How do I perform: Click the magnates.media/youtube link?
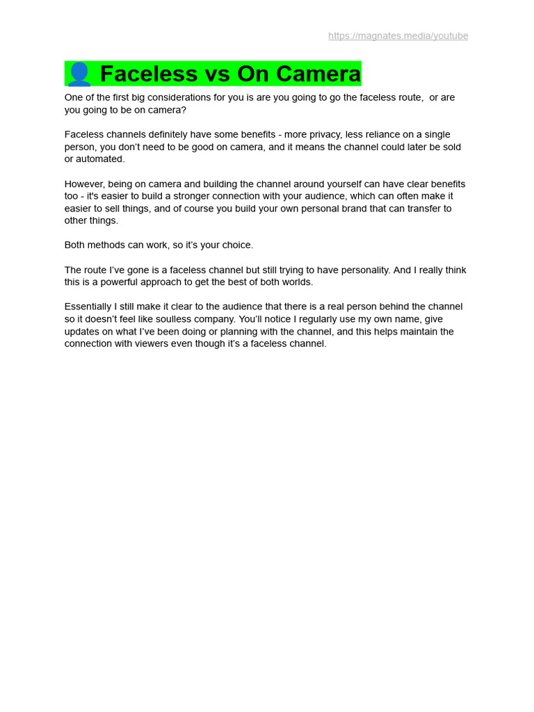coord(398,36)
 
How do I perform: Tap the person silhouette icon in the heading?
coord(79,74)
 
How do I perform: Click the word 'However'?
coord(83,184)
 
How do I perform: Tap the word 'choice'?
coord(235,245)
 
